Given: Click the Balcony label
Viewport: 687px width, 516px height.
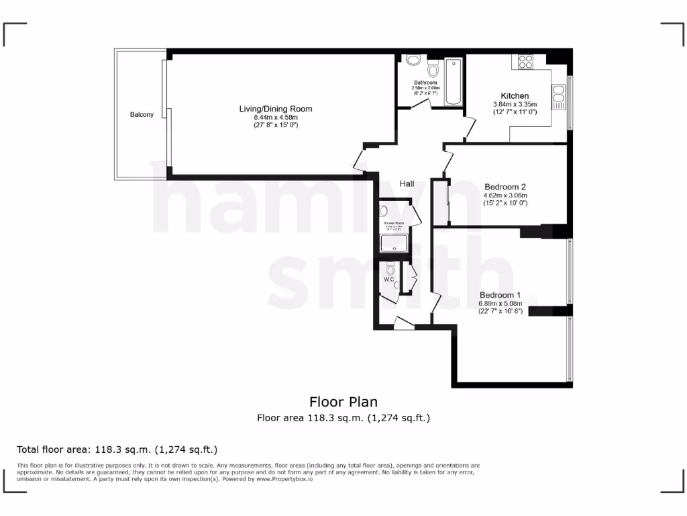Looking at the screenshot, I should click(x=142, y=115).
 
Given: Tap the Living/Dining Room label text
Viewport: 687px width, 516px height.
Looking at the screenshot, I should click(x=276, y=109).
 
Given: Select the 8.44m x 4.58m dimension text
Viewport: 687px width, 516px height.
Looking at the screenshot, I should click(x=276, y=118).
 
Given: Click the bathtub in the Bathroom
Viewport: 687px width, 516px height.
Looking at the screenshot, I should click(x=454, y=83).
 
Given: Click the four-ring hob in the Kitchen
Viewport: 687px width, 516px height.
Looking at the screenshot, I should click(x=524, y=62).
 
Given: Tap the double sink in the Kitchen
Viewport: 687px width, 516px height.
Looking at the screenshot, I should click(x=558, y=97).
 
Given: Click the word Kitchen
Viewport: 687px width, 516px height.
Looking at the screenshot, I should click(x=515, y=96).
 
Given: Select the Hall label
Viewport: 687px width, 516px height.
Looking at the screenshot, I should click(x=407, y=183).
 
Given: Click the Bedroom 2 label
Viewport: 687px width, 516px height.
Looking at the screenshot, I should click(x=505, y=187).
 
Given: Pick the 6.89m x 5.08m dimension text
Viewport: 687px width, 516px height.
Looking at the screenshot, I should click(x=500, y=304).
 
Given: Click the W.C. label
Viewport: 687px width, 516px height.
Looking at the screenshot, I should click(x=389, y=279).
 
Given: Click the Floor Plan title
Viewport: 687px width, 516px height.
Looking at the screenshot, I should click(x=343, y=402).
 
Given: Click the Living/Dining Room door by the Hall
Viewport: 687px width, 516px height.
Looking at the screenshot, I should click(x=359, y=162).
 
